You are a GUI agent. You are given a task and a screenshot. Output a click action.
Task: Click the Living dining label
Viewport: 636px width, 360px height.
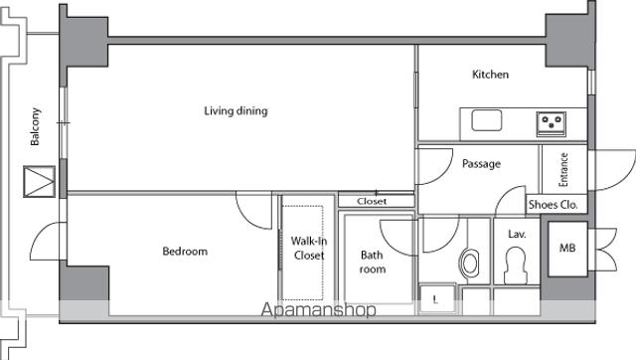pos(236,110)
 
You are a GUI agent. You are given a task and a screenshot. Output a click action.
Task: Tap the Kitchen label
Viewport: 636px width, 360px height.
pos(490,75)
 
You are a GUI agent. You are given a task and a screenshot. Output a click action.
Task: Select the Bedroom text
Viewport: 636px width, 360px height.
pos(185,252)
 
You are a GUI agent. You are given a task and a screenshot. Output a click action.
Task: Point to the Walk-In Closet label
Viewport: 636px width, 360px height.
pos(309,248)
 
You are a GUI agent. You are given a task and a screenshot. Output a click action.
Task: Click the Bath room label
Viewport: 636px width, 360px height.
pos(373,263)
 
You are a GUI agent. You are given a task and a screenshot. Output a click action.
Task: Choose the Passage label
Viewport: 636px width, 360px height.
pos(481,164)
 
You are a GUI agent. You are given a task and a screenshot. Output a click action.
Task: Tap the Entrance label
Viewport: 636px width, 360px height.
pos(563,170)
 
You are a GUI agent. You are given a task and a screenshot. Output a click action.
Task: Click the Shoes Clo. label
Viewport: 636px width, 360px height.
pos(553,205)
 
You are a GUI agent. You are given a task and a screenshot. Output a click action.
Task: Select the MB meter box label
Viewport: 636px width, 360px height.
pos(567,248)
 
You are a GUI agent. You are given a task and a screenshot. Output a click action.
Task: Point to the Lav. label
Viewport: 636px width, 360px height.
pos(517,234)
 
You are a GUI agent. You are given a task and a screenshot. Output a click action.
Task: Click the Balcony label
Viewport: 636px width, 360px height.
pos(35,126)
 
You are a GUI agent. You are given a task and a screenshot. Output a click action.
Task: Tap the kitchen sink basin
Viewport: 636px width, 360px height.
pos(487,120)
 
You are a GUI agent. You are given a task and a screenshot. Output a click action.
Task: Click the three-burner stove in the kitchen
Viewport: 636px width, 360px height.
pos(552,123)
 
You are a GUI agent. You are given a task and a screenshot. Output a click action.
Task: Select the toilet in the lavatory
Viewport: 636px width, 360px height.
pos(515,266)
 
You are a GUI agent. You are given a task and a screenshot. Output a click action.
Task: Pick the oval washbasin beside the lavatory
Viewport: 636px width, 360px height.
pos(469,264)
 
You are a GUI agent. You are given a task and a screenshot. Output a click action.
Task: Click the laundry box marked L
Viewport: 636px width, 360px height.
pos(436,299)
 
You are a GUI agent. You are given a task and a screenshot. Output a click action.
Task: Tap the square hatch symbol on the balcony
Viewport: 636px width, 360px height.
pos(40,181)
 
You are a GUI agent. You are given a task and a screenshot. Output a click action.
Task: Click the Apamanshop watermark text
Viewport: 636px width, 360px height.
pos(319,310)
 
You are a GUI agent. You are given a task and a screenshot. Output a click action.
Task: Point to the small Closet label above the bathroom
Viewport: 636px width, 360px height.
pos(372,201)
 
